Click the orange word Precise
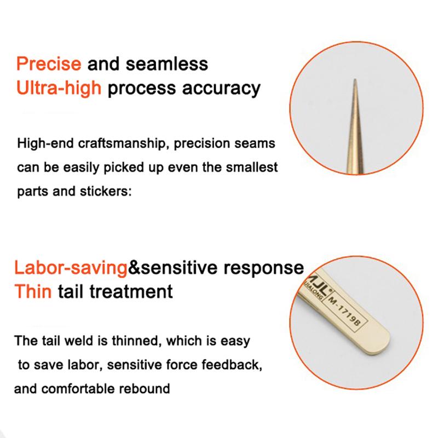(x=49, y=64)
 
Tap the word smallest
(x=251, y=167)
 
